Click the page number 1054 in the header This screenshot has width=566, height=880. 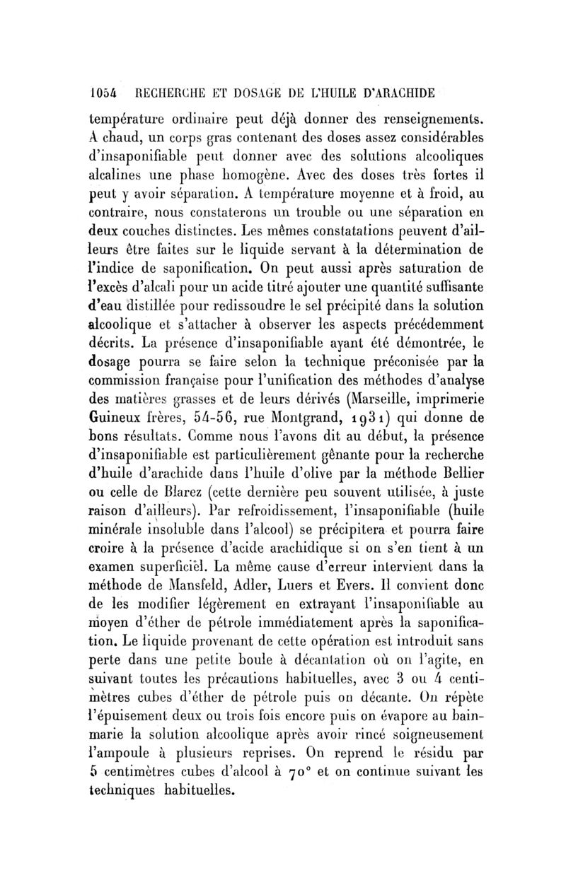pos(103,93)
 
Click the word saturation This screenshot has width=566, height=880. pos(425,269)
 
